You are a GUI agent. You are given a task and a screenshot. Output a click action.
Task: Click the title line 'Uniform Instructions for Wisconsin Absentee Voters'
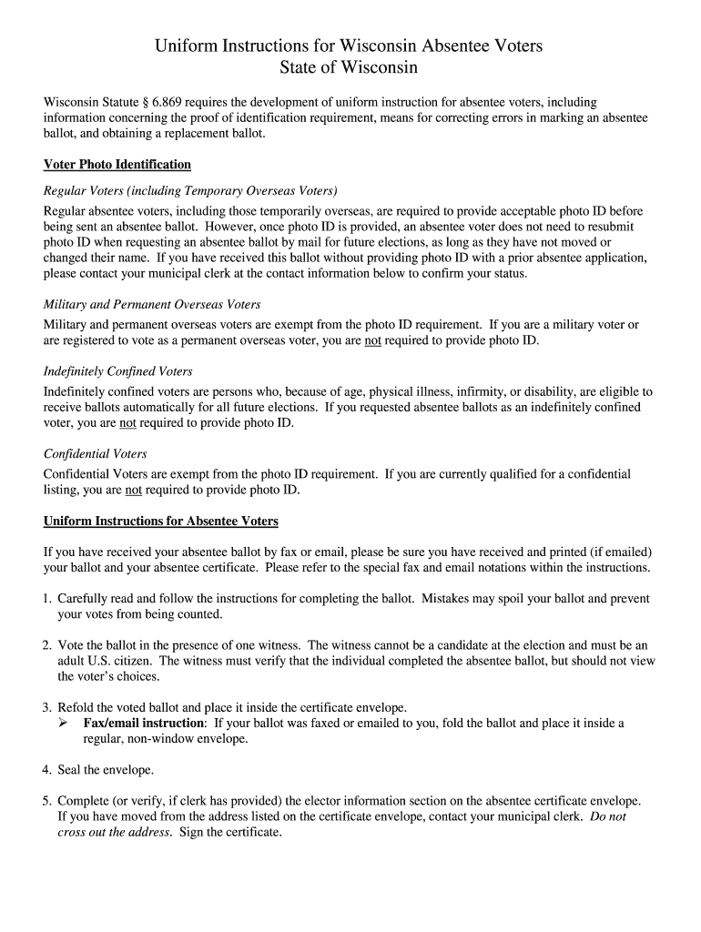click(x=349, y=46)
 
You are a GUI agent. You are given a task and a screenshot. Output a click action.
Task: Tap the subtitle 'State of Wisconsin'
click(x=349, y=68)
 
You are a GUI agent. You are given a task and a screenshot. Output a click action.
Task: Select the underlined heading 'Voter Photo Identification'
click(x=117, y=165)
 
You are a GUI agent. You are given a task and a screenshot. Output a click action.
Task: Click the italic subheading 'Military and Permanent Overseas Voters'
click(x=152, y=304)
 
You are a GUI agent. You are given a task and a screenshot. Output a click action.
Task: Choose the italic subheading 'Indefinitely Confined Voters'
click(x=117, y=371)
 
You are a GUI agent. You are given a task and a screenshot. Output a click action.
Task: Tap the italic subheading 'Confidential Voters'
click(x=95, y=453)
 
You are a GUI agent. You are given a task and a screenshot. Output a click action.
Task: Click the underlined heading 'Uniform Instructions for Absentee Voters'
click(x=161, y=522)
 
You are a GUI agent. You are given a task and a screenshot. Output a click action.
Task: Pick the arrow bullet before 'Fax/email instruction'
click(x=63, y=724)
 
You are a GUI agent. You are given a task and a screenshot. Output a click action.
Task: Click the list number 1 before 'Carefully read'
click(x=47, y=599)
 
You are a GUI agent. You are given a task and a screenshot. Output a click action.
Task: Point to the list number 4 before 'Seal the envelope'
click(x=47, y=770)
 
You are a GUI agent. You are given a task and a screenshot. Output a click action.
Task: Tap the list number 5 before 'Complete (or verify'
click(x=47, y=801)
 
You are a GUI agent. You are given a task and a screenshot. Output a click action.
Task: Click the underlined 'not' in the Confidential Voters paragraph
click(x=133, y=490)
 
